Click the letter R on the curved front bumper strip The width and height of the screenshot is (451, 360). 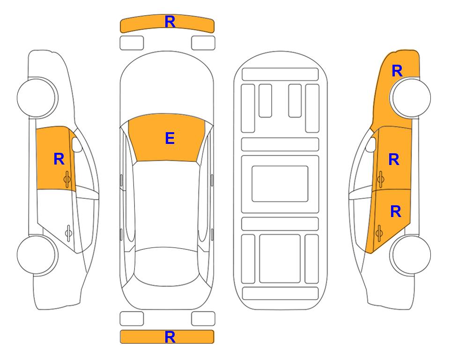170,22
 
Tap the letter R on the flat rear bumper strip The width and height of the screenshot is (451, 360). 170,337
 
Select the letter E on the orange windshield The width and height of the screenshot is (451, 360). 170,138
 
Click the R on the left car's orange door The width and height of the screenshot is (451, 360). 59,159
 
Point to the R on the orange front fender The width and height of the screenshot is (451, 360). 397,71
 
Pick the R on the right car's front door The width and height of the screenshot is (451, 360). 394,159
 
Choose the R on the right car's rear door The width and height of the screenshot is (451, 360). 395,212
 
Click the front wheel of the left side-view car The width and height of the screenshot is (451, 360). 37,97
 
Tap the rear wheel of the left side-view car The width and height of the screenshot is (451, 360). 37,255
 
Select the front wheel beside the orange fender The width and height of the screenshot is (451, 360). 411,97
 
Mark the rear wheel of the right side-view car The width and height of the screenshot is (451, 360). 411,255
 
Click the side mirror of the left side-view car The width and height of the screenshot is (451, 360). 77,145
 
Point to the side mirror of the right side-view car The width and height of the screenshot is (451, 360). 371,145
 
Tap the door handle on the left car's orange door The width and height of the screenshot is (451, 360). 67,179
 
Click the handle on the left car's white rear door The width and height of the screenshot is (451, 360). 68,232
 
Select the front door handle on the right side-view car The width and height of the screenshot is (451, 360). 381,179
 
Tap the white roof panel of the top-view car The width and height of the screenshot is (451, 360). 166,204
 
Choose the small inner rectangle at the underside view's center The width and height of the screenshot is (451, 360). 280,184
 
